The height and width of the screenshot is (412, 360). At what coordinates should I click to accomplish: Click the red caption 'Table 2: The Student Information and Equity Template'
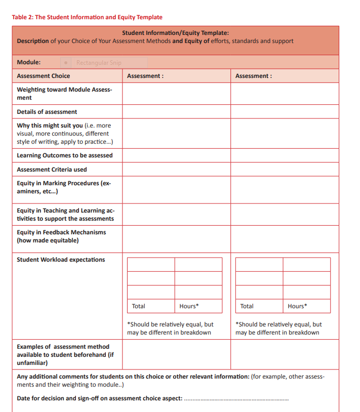coord(87,17)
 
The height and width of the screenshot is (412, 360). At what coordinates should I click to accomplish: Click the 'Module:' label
coord(29,62)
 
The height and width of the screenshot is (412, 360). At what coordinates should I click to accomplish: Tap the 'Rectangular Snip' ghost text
coord(99,63)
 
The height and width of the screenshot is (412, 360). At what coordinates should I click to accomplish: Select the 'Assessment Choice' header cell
coord(44,76)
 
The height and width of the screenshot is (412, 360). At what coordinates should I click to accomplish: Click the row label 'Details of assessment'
coord(47,112)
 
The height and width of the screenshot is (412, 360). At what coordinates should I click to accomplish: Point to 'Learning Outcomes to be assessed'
coord(65,155)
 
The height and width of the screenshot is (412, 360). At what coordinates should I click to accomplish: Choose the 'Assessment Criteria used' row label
coord(52,170)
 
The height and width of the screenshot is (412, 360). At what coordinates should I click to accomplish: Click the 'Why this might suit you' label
coord(50,126)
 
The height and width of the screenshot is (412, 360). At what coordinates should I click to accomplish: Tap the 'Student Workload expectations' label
coord(61,260)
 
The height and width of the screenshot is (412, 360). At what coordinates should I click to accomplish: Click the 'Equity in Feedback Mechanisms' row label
coord(61,232)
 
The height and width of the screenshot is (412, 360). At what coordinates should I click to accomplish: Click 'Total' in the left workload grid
coord(138,306)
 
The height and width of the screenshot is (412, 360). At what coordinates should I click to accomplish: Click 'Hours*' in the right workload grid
coord(297,306)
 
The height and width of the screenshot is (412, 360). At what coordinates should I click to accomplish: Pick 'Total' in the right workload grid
coord(247,306)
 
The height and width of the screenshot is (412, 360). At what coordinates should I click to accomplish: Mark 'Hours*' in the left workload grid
coord(189,306)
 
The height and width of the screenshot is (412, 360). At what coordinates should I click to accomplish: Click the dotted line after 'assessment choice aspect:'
coord(236,399)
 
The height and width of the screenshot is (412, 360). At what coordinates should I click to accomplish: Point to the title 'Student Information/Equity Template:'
coord(175,33)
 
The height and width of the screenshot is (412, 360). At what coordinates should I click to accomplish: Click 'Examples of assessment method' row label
coord(63,347)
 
